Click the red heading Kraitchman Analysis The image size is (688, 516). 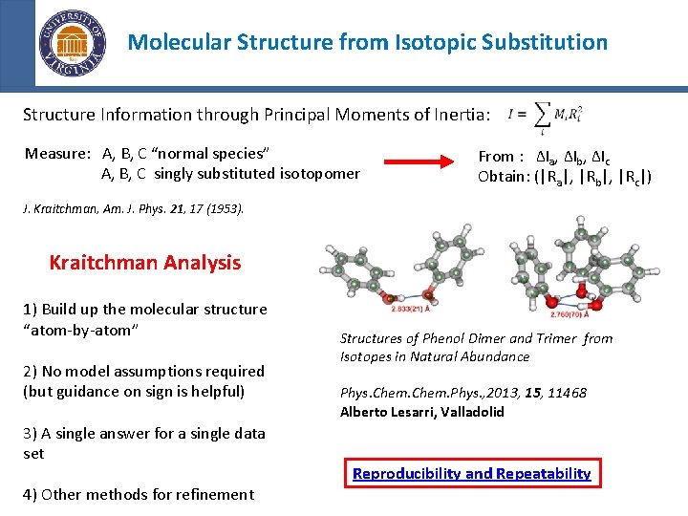coord(144,262)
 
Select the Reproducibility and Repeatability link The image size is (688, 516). coord(471,473)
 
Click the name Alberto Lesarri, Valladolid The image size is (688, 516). coord(421,412)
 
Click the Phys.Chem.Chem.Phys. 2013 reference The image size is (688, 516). coord(463,393)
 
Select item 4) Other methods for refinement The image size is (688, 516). coord(139,494)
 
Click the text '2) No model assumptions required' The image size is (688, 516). coord(143,371)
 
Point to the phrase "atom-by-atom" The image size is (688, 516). coord(81,329)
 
